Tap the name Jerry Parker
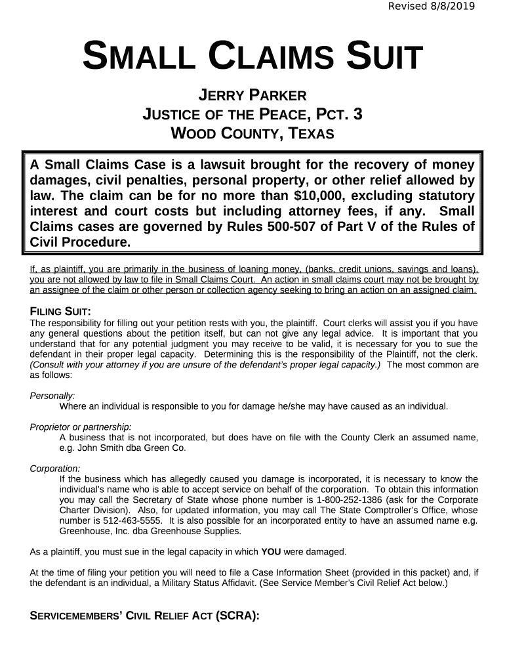(x=253, y=96)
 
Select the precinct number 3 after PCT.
(x=357, y=115)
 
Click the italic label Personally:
(x=52, y=396)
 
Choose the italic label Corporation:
(x=55, y=469)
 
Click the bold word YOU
(x=272, y=552)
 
